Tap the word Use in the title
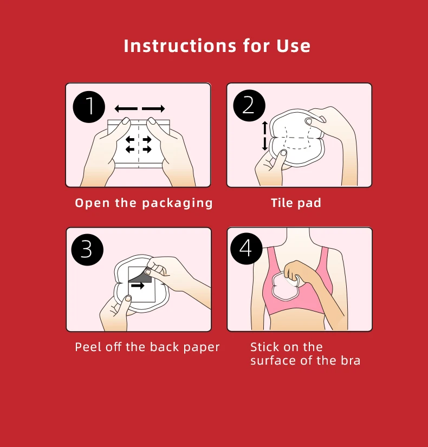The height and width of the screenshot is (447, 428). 293,46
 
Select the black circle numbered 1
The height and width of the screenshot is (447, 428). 89,107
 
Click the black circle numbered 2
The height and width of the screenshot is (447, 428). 249,106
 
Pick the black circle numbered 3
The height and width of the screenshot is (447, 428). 87,250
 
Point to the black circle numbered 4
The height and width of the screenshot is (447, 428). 247,248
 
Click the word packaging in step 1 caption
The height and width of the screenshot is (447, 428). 177,204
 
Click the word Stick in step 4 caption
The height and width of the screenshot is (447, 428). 263,347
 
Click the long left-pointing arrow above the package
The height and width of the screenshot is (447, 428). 126,108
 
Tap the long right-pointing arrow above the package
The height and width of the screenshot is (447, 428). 153,108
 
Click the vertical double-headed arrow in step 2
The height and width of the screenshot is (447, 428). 265,135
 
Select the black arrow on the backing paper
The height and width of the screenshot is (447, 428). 138,286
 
